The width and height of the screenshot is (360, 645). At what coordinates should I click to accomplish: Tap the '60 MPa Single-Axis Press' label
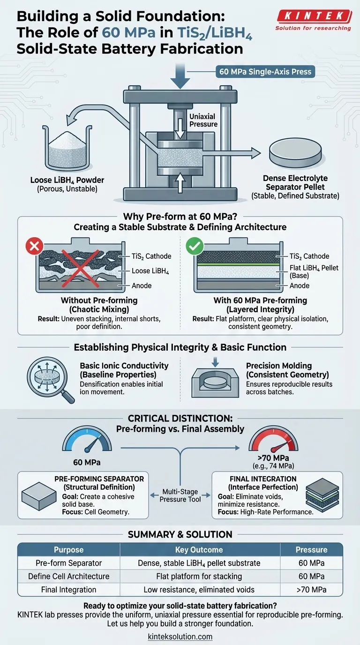(x=265, y=72)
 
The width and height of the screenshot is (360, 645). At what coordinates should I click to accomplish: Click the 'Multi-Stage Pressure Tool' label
(x=180, y=495)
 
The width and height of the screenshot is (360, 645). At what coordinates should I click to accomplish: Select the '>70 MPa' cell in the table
(x=311, y=590)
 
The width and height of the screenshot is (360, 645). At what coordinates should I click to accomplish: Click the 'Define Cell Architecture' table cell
(x=68, y=577)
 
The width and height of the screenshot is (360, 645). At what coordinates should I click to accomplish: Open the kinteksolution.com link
(x=180, y=637)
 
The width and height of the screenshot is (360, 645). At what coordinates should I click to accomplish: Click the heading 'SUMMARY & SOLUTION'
(x=180, y=534)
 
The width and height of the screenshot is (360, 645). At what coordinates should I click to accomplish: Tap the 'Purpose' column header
(x=68, y=550)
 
